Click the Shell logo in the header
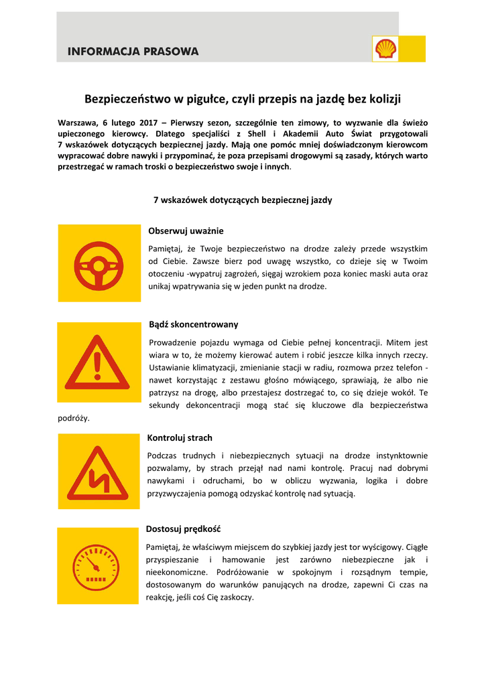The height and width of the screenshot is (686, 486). pyautogui.click(x=385, y=49)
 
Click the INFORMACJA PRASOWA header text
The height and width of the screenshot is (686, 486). pyautogui.click(x=133, y=51)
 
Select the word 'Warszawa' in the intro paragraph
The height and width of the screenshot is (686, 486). pyautogui.click(x=80, y=123)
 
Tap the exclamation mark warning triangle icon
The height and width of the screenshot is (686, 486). pyautogui.click(x=98, y=362)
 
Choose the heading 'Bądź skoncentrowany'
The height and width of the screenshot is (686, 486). pyautogui.click(x=193, y=324)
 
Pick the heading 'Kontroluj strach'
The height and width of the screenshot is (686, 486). pyautogui.click(x=180, y=438)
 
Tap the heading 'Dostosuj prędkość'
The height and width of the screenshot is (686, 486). pyautogui.click(x=183, y=529)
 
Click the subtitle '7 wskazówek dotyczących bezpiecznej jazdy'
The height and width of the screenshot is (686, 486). pyautogui.click(x=243, y=200)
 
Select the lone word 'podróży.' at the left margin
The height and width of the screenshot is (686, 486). pyautogui.click(x=74, y=418)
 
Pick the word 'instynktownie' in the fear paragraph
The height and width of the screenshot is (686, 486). pyautogui.click(x=401, y=456)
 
